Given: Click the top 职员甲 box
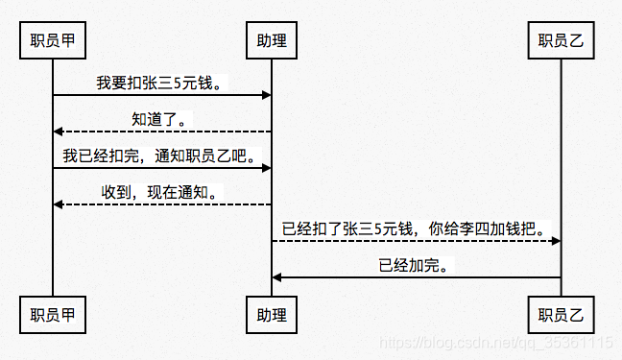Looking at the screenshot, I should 53,40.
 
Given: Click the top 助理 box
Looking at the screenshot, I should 272,40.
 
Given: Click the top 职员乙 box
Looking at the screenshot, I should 562,40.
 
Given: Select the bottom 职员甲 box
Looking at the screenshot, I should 53,313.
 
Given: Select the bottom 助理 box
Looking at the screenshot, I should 272,313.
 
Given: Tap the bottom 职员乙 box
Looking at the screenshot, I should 562,313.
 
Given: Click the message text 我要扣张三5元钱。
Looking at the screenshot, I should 161,84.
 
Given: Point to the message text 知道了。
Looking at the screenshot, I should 161,119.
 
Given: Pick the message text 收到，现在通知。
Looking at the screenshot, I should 160,192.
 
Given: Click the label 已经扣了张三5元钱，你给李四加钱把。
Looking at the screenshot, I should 416,229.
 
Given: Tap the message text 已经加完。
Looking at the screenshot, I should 416,266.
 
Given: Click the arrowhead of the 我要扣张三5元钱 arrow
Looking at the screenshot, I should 267,95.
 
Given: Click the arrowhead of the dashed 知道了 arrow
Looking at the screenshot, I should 58,132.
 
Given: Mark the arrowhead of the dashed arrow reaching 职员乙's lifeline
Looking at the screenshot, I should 556,241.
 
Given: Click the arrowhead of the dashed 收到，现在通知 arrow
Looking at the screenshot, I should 58,204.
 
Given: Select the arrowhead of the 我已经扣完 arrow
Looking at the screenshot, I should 267,168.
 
